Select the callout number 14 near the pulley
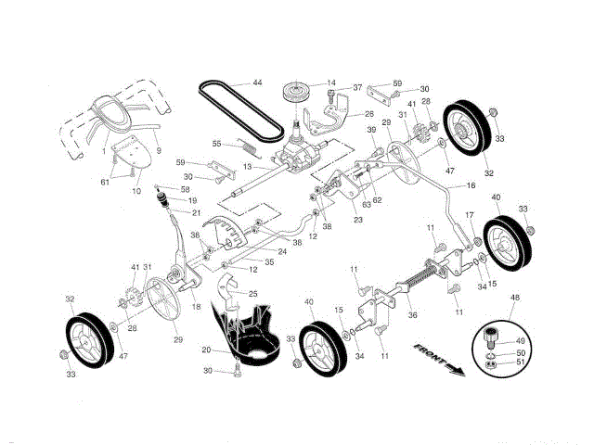(x=330, y=83)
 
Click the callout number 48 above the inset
(x=514, y=298)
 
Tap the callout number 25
(x=252, y=293)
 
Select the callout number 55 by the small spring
(x=216, y=144)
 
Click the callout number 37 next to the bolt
(x=356, y=88)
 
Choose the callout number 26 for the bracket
(x=368, y=114)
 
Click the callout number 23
(x=358, y=220)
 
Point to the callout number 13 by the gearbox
(x=248, y=166)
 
